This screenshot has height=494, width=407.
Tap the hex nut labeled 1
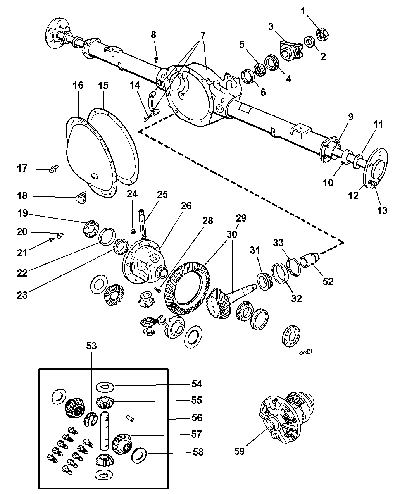322,34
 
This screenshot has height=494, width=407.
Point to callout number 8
153,34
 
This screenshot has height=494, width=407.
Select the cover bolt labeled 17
54,169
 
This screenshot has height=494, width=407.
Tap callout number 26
186,205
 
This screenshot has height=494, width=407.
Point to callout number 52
328,282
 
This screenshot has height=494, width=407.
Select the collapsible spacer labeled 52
310,258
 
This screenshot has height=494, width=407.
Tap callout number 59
239,451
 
